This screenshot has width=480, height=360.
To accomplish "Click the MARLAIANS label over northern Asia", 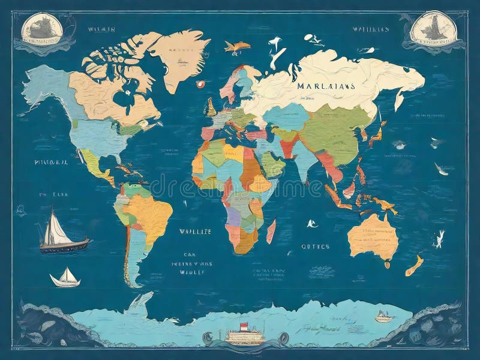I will (x=326, y=86).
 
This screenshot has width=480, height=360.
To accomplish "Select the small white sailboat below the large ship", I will (x=65, y=277).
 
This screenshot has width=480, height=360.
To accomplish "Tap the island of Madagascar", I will (x=271, y=230).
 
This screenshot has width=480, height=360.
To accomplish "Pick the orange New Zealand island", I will (x=413, y=265).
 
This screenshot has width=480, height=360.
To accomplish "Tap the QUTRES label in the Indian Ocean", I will (x=315, y=247).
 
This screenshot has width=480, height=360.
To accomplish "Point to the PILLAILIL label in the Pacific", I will (x=50, y=162).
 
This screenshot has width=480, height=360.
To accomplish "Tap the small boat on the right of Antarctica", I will (x=382, y=316).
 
